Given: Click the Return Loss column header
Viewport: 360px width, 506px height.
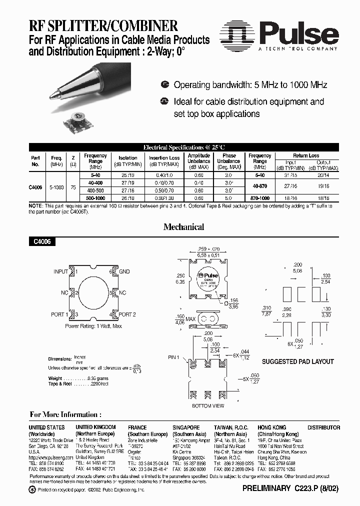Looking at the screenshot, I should click(x=306, y=155).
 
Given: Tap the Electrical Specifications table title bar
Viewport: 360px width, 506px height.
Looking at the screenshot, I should click(x=184, y=147).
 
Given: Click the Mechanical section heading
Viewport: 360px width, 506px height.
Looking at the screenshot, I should click(x=184, y=226).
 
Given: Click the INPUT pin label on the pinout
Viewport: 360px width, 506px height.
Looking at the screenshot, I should click(x=60, y=271).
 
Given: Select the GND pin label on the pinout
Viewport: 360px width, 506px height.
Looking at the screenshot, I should click(x=124, y=271).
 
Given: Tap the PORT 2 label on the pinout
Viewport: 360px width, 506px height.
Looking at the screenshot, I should click(x=127, y=314).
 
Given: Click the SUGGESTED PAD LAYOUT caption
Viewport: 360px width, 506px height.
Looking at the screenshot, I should click(x=297, y=361).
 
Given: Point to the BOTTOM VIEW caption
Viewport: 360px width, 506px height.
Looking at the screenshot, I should click(x=208, y=406).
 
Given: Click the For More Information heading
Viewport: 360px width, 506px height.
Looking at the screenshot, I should click(x=65, y=414).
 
